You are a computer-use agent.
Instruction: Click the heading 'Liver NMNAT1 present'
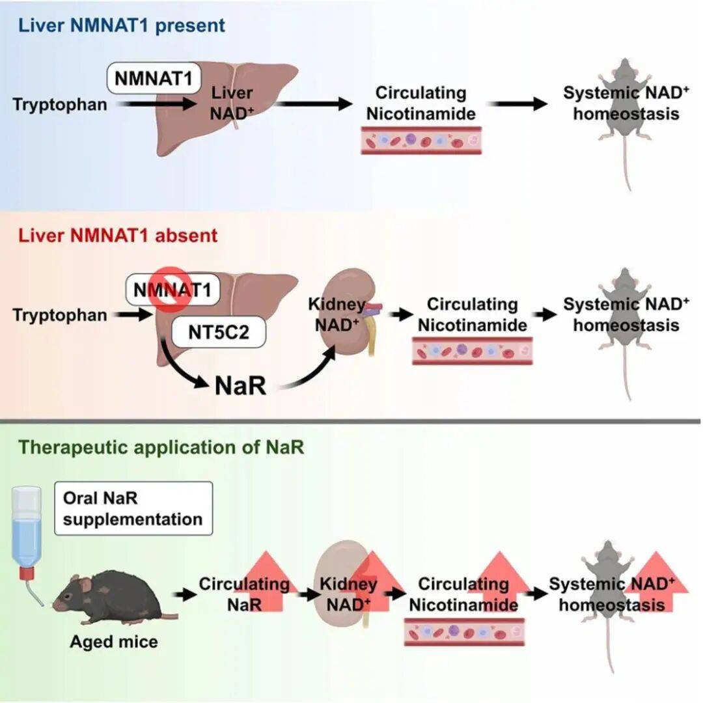pyautogui.click(x=122, y=26)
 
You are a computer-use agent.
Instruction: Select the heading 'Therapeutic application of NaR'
pyautogui.click(x=161, y=448)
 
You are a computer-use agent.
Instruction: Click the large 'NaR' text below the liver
pyautogui.click(x=240, y=385)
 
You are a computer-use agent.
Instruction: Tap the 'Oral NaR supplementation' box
pyautogui.click(x=133, y=508)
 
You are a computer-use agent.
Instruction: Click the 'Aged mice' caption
pyautogui.click(x=114, y=642)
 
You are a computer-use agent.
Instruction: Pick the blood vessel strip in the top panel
pyautogui.click(x=420, y=141)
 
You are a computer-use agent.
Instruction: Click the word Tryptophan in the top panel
pyautogui.click(x=60, y=104)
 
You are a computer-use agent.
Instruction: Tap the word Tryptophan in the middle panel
pyautogui.click(x=60, y=316)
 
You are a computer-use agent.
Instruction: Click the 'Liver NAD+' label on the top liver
pyautogui.click(x=231, y=104)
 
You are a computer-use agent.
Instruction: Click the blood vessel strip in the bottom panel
pyautogui.click(x=463, y=632)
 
